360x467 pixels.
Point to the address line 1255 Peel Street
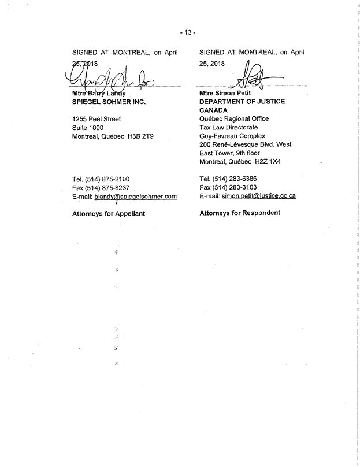point(97,119)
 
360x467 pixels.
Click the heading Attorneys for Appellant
point(108,213)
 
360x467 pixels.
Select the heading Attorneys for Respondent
point(240,213)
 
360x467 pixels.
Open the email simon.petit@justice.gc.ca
point(259,195)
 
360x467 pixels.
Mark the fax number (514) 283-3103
point(237,187)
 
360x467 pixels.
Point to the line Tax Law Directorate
point(228,127)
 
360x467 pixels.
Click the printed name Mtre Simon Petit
point(226,94)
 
